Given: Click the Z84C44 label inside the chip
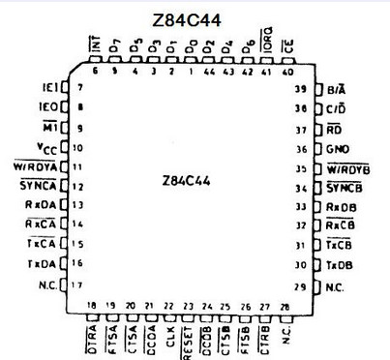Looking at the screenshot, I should click(194, 179).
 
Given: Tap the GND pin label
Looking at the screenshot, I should click(336, 150).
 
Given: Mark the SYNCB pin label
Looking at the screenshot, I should click(343, 187).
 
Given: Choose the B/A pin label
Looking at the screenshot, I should click(338, 90).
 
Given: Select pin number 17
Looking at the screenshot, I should click(80, 284).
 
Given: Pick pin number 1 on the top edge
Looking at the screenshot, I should click(192, 71).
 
